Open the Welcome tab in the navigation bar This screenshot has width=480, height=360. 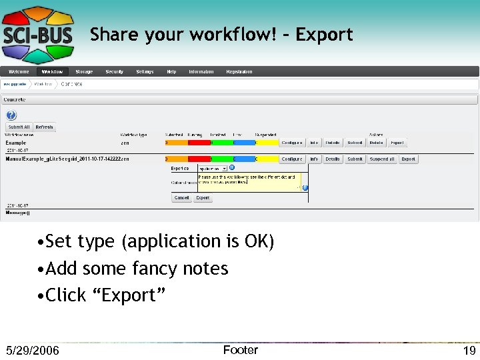19,71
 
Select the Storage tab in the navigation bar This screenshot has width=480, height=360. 84,71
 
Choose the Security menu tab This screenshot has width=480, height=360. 114,71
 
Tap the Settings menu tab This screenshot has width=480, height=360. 145,71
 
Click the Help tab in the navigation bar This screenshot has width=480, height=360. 171,71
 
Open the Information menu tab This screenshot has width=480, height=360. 201,71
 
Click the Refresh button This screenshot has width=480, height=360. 44,127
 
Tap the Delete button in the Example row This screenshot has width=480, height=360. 376,142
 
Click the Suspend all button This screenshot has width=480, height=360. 382,159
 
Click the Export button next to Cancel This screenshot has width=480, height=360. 203,198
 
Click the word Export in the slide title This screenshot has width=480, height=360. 324,35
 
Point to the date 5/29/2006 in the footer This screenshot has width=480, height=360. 32,351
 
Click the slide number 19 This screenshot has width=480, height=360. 469,351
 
